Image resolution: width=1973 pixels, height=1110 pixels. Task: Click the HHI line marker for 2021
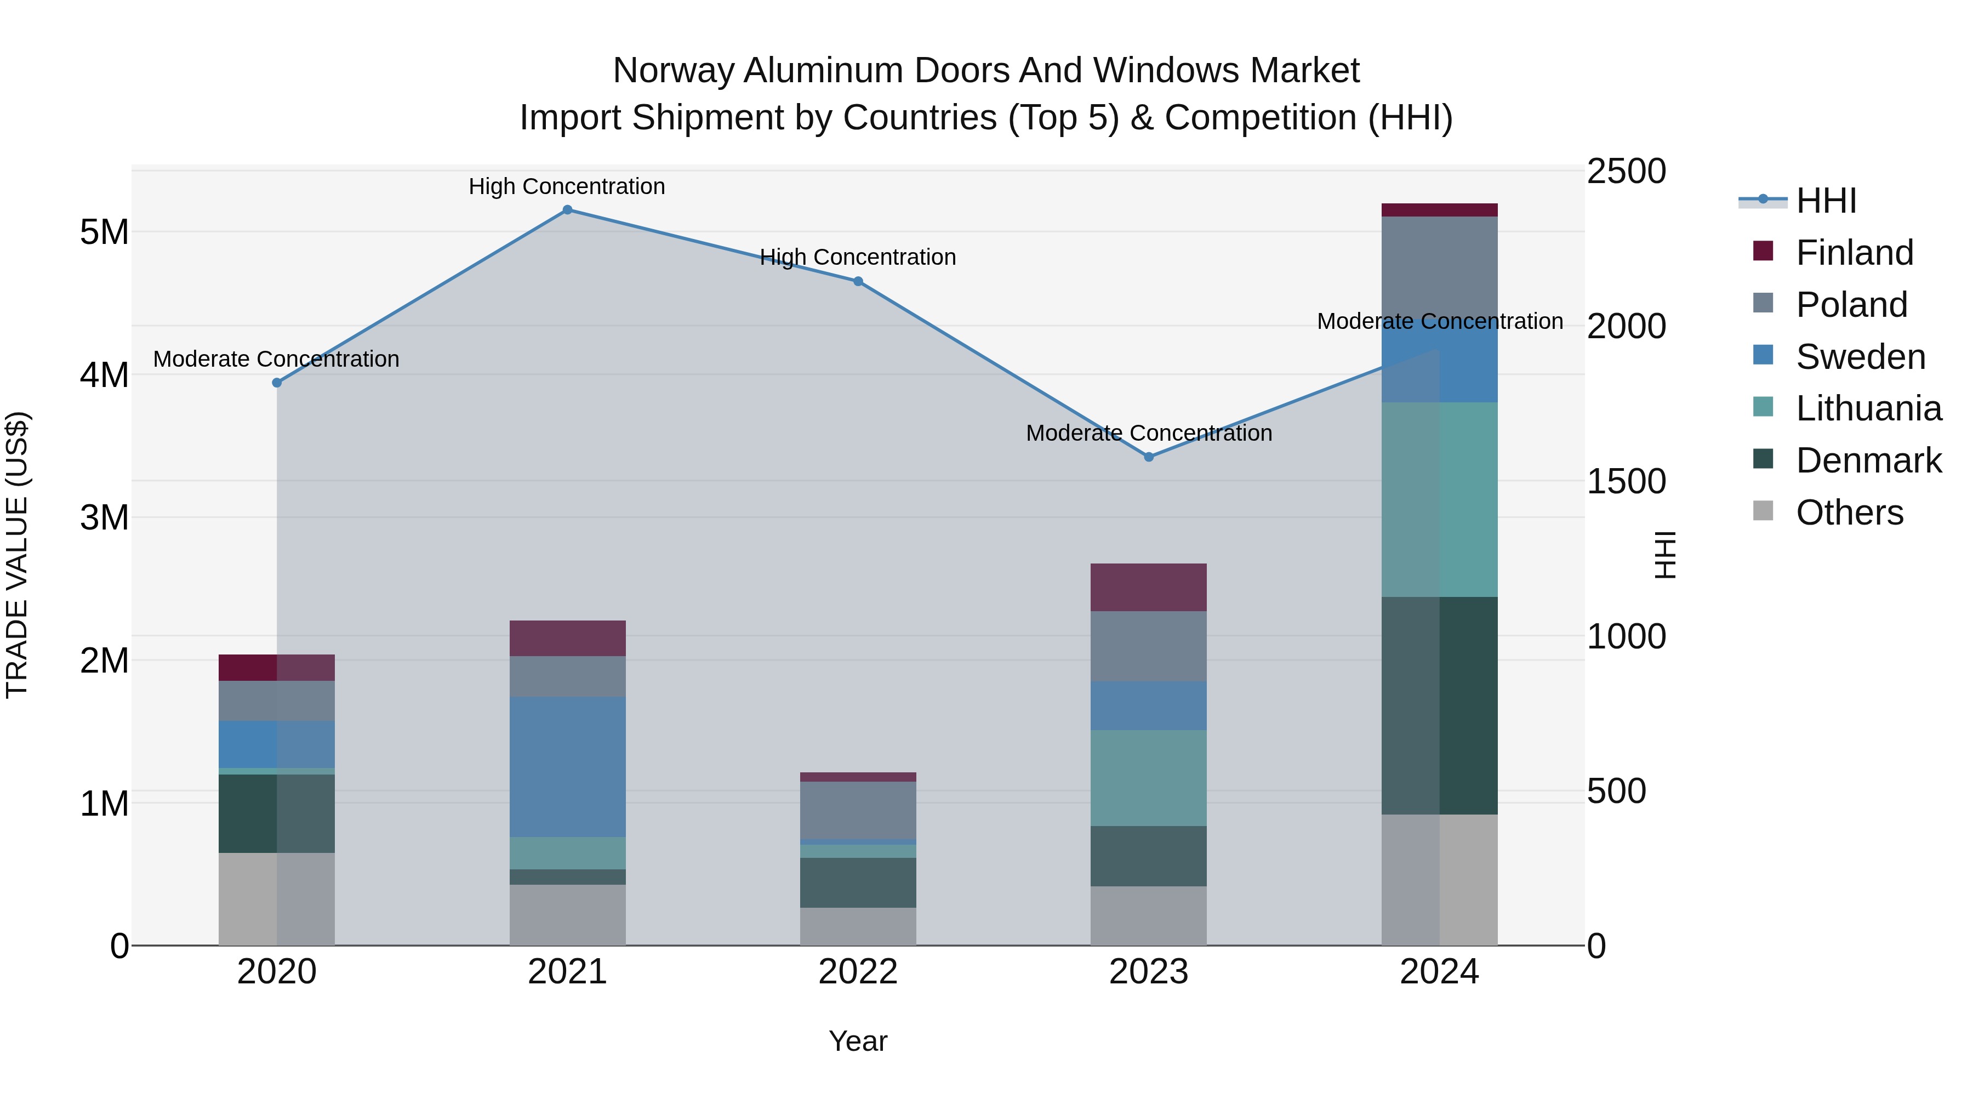pyautogui.click(x=568, y=210)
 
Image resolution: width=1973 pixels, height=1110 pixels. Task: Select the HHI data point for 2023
pyautogui.click(x=1149, y=457)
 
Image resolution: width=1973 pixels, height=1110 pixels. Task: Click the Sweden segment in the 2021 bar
pyautogui.click(x=568, y=766)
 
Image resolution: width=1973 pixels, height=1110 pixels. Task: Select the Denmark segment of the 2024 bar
pyautogui.click(x=1440, y=705)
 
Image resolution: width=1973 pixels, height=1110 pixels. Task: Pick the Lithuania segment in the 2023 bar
pyautogui.click(x=1149, y=777)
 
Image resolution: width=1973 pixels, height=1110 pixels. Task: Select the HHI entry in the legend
pyautogui.click(x=1826, y=201)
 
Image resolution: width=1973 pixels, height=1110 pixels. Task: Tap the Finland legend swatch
pyautogui.click(x=1763, y=251)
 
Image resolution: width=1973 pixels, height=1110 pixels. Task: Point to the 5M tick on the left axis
pyautogui.click(x=105, y=232)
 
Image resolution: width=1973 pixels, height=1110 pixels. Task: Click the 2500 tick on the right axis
pyautogui.click(x=1626, y=172)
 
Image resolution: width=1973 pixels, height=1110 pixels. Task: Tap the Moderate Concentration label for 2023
pyautogui.click(x=1149, y=433)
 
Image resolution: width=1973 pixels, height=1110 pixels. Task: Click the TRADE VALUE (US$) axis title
pyautogui.click(x=17, y=555)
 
